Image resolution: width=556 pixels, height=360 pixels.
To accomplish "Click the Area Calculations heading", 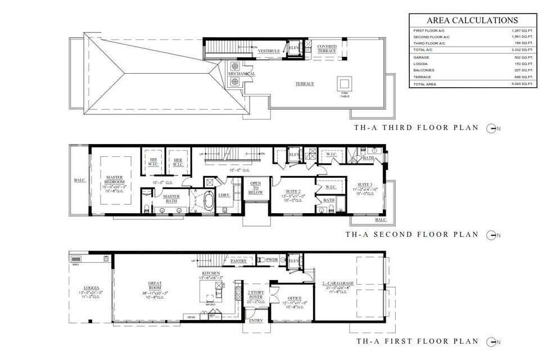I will tap(473, 20).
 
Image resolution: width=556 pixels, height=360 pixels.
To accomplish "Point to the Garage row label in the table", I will tap(422, 57).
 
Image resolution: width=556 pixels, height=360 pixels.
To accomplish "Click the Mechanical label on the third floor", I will tap(241, 74).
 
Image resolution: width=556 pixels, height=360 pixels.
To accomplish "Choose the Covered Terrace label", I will tap(327, 49).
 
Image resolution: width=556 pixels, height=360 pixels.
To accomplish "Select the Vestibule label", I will tap(269, 51).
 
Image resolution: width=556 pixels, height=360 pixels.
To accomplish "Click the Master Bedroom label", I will tap(115, 181).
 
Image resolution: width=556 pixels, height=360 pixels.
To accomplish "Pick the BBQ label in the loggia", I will tap(76, 258).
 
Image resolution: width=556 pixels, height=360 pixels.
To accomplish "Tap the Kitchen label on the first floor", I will tap(208, 273).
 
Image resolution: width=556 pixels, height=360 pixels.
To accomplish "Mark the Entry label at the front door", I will tap(256, 321).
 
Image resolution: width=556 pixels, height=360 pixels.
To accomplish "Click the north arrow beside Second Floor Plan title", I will tap(493, 235).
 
